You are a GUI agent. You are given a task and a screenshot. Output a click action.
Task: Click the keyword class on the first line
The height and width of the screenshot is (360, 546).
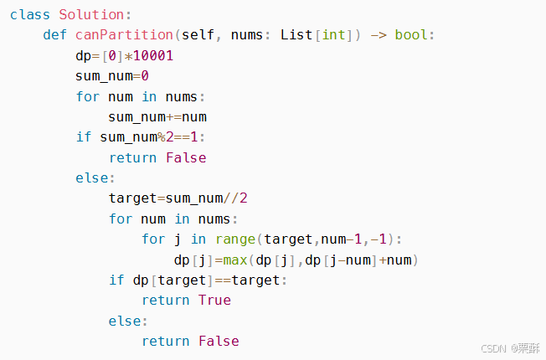[30, 15]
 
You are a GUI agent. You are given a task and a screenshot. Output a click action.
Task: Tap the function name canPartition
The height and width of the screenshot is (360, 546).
[125, 35]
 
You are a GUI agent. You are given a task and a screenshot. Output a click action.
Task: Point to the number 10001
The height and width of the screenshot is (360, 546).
[153, 55]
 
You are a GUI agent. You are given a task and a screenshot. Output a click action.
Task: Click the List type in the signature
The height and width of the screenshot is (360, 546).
[296, 35]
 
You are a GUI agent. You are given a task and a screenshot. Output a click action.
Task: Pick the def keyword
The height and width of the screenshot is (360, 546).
[54, 35]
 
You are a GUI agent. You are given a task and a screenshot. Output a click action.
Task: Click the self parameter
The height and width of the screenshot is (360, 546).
[198, 35]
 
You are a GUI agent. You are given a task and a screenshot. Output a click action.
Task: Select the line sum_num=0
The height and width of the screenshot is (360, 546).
[111, 76]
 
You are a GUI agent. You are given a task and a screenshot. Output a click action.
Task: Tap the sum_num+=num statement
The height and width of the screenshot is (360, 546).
[157, 116]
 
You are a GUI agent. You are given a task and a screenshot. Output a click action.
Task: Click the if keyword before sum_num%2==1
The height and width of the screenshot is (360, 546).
[83, 136]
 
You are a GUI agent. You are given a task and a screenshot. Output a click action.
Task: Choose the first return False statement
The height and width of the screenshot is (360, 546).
[157, 157]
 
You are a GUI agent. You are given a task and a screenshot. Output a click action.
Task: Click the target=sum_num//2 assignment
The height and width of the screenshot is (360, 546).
[178, 198]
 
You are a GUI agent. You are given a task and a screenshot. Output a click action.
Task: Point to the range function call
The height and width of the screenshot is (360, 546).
[234, 239]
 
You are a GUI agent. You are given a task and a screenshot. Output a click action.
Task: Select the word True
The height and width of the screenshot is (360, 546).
[214, 300]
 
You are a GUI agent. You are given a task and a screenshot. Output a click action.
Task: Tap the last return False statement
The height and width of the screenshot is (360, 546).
[190, 341]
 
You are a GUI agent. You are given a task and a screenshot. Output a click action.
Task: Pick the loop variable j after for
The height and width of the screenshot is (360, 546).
[178, 239]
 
